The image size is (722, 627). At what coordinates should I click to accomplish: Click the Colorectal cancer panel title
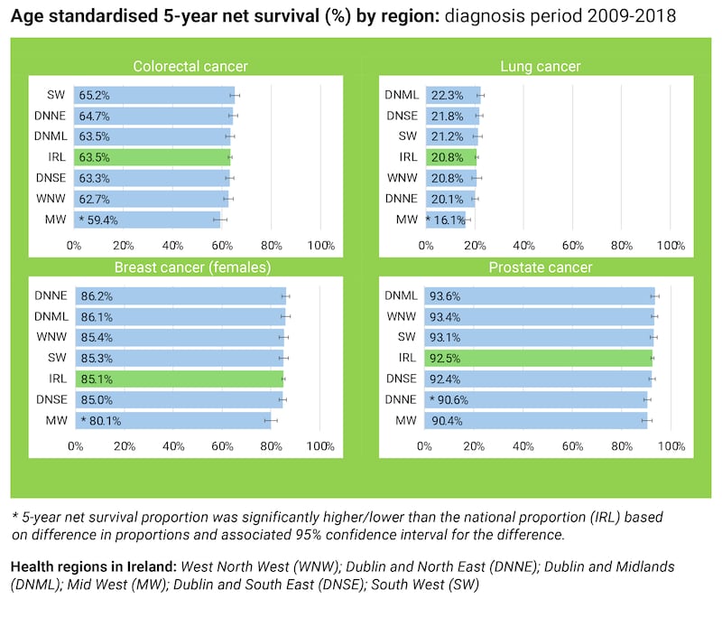190,66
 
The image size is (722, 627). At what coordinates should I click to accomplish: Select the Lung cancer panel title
541,66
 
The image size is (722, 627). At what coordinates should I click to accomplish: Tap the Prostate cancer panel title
541,267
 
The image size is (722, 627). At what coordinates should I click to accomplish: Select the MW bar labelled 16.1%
444,220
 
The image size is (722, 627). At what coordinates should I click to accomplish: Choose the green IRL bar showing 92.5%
537,358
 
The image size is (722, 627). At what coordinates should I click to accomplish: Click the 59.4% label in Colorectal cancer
101,220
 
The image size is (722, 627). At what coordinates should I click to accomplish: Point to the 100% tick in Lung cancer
670,245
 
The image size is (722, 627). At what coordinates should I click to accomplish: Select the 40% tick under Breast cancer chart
173,446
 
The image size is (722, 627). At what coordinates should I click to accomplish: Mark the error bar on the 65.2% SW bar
235,94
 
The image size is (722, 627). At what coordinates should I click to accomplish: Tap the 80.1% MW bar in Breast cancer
171,420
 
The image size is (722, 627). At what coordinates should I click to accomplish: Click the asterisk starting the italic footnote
14,518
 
